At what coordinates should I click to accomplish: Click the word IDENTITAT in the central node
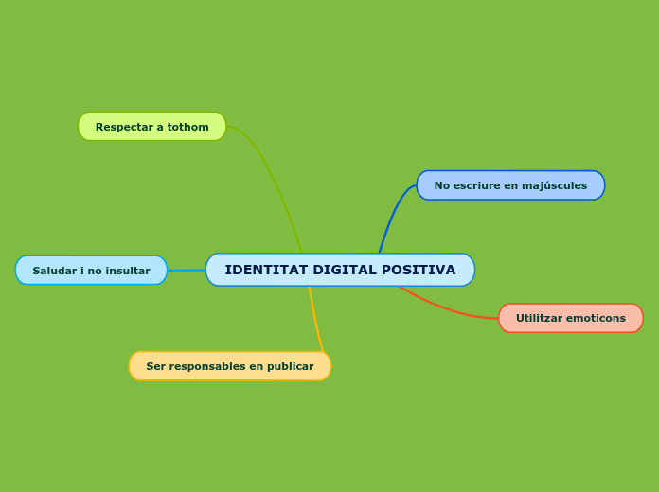(266, 270)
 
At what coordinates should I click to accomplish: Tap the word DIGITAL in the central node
(344, 270)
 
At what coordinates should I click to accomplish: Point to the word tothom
(188, 127)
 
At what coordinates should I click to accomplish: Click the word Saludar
(55, 271)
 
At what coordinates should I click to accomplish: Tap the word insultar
(119, 271)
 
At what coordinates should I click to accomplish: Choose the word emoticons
(598, 318)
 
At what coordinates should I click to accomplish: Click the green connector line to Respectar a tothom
(276, 179)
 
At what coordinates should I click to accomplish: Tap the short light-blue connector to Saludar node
(187, 271)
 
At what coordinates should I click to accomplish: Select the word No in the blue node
(442, 185)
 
